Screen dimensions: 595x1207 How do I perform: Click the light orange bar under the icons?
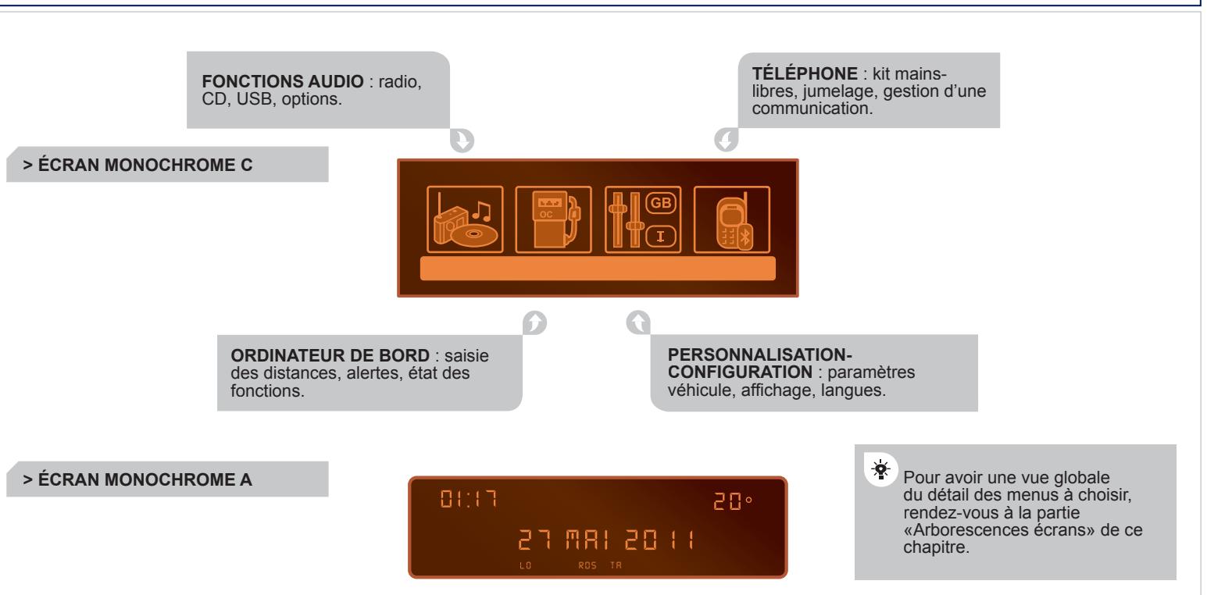click(x=598, y=268)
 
